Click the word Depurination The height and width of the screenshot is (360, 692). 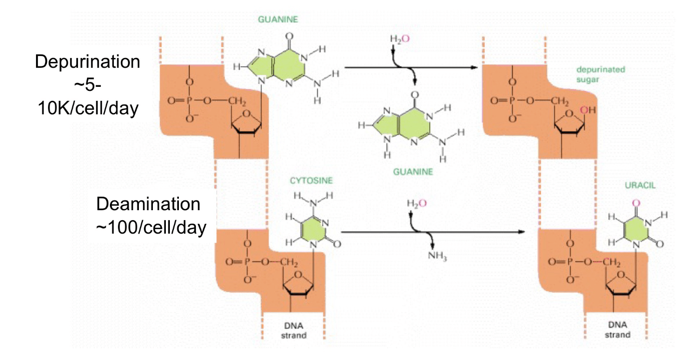pyautogui.click(x=87, y=62)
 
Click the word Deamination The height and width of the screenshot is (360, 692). pyautogui.click(x=148, y=204)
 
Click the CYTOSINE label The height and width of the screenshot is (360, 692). pyautogui.click(x=311, y=180)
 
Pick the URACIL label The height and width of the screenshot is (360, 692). pyautogui.click(x=640, y=185)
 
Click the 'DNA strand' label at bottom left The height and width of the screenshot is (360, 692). pyautogui.click(x=293, y=330)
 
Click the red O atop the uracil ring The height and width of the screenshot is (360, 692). pyautogui.click(x=635, y=203)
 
